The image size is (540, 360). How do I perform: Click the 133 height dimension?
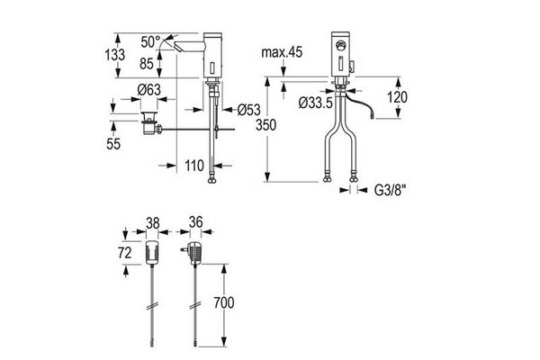115,55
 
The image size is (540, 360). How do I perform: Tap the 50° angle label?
150,42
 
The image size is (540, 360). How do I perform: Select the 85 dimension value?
147,63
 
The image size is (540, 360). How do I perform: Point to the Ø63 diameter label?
148,90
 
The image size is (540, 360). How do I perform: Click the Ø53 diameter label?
249,110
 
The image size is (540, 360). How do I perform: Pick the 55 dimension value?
113,144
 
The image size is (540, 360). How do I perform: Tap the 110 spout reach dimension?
194,166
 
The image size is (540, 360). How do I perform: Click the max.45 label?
282,52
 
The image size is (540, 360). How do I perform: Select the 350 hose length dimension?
265,125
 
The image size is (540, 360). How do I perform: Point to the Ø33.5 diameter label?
316,103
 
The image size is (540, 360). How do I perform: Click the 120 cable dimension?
397,97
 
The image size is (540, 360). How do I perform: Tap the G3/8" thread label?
391,190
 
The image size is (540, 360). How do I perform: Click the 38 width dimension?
153,223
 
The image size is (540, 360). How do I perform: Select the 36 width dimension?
195,222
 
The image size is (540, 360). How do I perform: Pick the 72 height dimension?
125,253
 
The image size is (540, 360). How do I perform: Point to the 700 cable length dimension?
223,302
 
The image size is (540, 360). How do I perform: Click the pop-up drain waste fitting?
151,123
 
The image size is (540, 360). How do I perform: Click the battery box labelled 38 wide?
152,253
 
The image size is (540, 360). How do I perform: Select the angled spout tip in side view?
178,47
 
